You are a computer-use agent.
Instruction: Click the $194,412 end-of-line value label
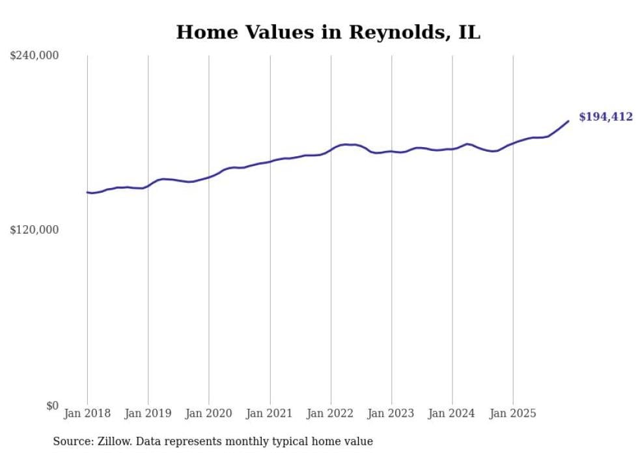point(605,117)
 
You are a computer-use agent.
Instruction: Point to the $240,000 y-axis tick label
point(35,56)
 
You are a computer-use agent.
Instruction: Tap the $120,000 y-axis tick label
point(35,230)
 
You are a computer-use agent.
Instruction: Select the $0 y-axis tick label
point(52,406)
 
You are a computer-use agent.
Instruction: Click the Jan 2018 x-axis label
point(87,413)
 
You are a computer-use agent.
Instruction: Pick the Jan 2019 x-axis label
point(148,413)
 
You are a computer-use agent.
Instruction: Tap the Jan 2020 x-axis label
point(209,413)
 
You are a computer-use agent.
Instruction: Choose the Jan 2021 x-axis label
point(270,413)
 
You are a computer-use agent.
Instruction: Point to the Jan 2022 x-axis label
point(331,413)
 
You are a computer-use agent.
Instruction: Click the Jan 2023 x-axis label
point(391,413)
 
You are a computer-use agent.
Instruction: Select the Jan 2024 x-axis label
point(452,413)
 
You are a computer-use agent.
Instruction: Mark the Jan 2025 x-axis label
point(513,413)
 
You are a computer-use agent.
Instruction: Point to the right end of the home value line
point(568,121)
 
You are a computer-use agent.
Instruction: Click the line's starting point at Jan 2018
point(87,192)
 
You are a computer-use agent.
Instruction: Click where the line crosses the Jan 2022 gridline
point(331,149)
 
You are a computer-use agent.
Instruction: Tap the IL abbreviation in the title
point(469,33)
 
